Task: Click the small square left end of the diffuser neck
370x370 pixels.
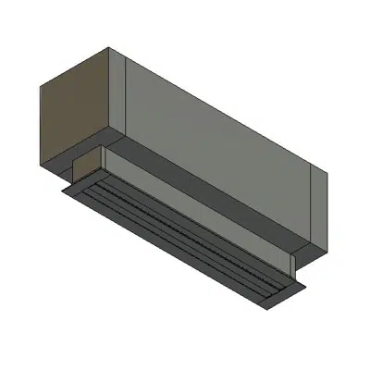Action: [89, 170]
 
